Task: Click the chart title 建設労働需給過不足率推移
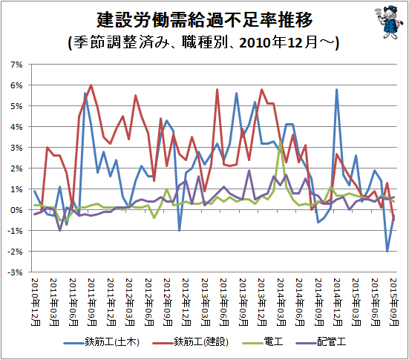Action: (204, 20)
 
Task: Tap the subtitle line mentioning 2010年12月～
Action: (203, 42)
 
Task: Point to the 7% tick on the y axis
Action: (16, 65)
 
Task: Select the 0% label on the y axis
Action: (16, 210)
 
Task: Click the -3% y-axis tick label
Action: (15, 272)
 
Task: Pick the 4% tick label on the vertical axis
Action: (16, 127)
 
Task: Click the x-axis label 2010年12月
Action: (36, 302)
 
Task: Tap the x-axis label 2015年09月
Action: (394, 302)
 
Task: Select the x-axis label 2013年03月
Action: (206, 302)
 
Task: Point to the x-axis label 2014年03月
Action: (281, 302)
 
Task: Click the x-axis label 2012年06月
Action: (148, 302)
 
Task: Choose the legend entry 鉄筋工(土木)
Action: (102, 342)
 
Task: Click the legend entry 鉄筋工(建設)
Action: (191, 342)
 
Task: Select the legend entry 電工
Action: (263, 342)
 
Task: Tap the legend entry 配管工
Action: (321, 342)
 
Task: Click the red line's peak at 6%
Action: (91, 85)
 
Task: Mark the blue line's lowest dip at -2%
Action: (387, 251)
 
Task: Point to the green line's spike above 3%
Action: (281, 141)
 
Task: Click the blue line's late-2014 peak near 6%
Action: (337, 90)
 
